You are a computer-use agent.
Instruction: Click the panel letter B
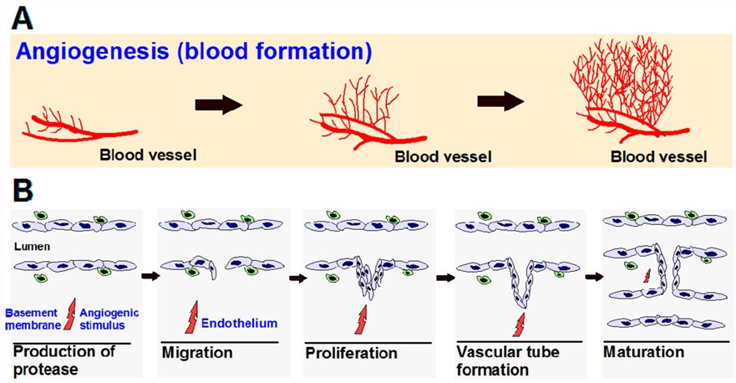point(23,190)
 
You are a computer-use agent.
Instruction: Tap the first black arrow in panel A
point(217,105)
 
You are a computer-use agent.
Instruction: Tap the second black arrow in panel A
point(500,101)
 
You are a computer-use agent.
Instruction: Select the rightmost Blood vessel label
point(659,156)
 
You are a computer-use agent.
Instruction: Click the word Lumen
point(29,248)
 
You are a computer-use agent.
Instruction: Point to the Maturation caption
point(642,352)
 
